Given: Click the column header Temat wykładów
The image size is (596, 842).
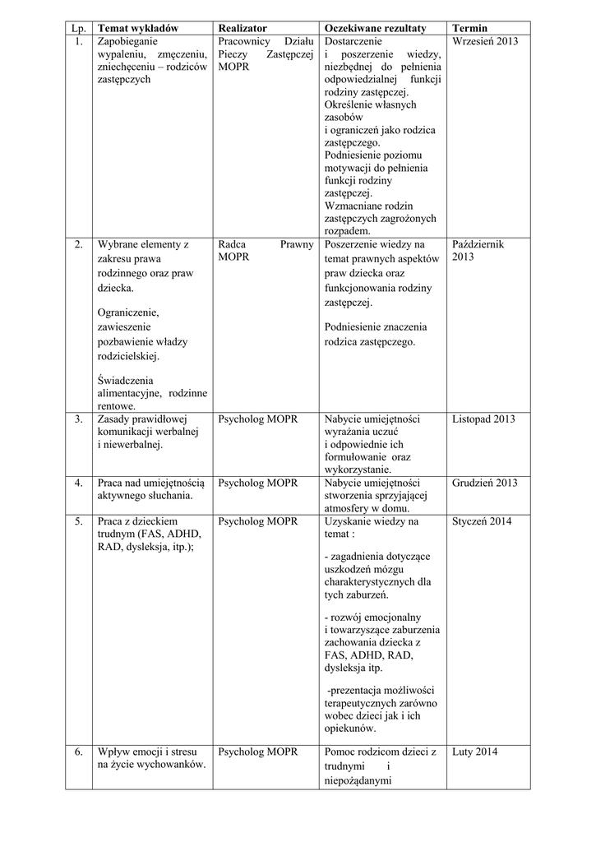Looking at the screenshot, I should (x=137, y=28).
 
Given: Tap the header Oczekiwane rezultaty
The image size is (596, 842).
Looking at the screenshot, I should (x=376, y=28).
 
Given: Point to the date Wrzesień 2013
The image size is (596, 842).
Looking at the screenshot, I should (x=485, y=40).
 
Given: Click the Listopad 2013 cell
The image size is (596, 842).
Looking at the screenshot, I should (x=483, y=419).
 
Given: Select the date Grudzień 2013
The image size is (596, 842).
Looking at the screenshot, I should (x=485, y=483).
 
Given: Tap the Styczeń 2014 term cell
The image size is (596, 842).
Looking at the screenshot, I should (x=483, y=521).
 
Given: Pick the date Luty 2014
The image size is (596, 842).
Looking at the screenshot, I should (x=474, y=752).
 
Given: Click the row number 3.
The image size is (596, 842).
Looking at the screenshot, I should (x=78, y=419).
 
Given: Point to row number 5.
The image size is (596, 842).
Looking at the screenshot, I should (x=78, y=521).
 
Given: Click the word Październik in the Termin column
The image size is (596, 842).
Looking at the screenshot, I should (x=478, y=244).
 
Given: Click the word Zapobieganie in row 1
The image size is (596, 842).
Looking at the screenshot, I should (x=127, y=40).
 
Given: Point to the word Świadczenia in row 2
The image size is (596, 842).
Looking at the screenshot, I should (x=125, y=380).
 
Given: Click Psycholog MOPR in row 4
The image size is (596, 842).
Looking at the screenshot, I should (x=258, y=483).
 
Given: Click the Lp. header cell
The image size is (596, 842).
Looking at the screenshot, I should (x=78, y=28).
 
